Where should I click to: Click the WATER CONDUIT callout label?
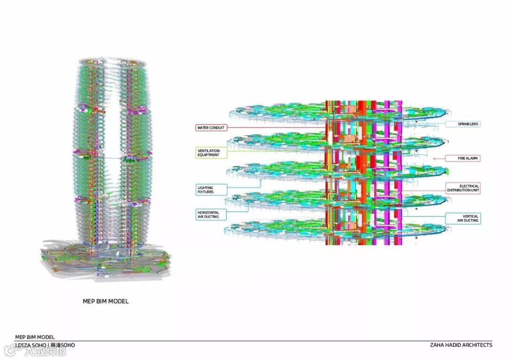point(210,128)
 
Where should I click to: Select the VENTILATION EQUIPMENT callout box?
point(208,153)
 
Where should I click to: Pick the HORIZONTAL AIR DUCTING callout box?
point(208,215)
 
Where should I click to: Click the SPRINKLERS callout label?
point(463,124)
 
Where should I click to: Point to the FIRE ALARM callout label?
point(463,158)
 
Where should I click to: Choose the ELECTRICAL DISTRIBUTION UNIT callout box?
point(463,188)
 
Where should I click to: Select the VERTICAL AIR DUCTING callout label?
point(463,218)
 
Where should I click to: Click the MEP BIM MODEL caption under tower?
point(106,301)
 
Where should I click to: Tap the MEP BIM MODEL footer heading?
point(35,337)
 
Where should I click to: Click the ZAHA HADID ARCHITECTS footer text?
point(461,345)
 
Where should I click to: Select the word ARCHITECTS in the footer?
point(478,345)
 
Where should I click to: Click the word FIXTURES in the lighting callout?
point(205,192)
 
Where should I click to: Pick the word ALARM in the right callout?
point(472,158)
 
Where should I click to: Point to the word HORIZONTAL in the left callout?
point(208,213)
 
